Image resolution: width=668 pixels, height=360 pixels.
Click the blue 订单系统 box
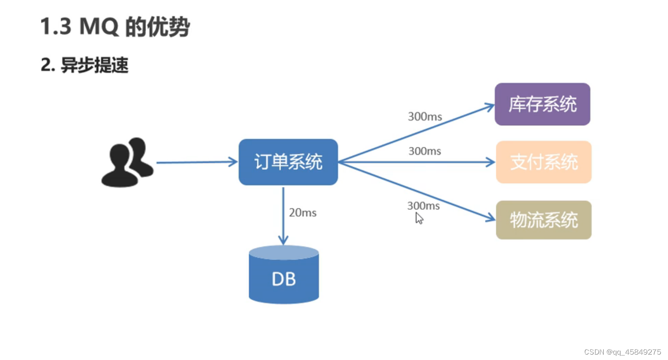[x=288, y=162]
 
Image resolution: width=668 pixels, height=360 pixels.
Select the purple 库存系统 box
[x=542, y=104]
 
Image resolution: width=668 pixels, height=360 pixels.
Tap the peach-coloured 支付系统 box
[x=544, y=162]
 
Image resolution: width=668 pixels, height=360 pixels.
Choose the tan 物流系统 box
[x=544, y=220]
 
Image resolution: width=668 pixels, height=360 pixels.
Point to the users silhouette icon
[x=127, y=162]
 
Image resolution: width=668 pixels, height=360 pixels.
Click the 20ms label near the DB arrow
[x=302, y=213]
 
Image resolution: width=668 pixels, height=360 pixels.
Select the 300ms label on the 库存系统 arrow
[x=425, y=117]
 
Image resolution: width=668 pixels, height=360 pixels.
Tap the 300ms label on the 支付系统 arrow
[x=425, y=152]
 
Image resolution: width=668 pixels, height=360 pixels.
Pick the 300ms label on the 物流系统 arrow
[x=423, y=206]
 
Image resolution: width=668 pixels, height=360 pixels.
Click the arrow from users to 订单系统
[x=197, y=162]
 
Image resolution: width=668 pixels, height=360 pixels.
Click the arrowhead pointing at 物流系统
[x=491, y=219]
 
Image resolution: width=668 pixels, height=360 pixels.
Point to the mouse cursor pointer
[x=420, y=218]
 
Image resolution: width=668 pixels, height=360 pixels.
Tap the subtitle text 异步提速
[x=95, y=66]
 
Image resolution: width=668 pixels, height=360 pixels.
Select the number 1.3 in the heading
[x=56, y=27]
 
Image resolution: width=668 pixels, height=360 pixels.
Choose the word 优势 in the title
[x=172, y=27]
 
